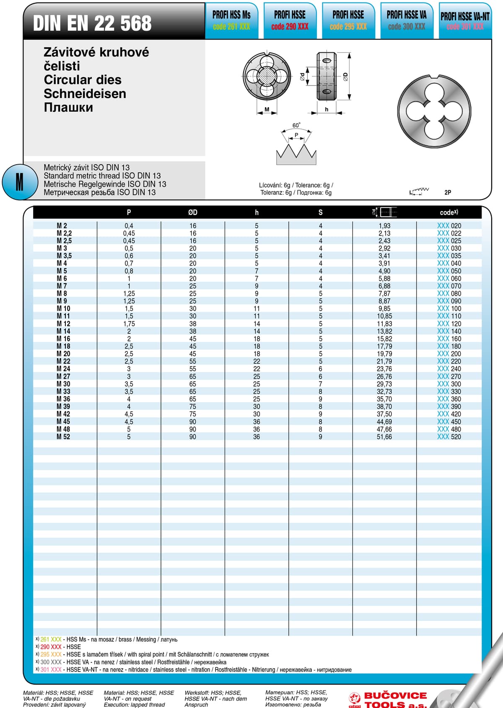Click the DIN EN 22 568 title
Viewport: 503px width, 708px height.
coord(92,23)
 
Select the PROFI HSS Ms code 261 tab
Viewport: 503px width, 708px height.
coord(231,21)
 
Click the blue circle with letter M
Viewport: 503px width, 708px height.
coord(19,182)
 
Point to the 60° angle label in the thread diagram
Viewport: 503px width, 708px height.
coord(296,125)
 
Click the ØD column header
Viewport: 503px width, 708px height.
coord(193,212)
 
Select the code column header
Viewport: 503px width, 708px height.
coord(449,212)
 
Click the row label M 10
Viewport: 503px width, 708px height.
coord(64,308)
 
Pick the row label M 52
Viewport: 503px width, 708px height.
coord(64,437)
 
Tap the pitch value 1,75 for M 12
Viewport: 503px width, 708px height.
coord(129,323)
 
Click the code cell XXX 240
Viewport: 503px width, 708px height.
coord(449,369)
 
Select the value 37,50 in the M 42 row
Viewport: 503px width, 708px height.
coord(384,414)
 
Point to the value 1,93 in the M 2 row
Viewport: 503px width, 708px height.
coord(384,225)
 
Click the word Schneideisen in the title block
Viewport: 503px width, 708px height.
coord(85,93)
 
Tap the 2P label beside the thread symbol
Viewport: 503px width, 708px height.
coord(448,192)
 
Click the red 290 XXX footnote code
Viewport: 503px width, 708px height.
coord(51,647)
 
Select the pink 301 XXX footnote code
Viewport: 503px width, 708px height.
coord(51,669)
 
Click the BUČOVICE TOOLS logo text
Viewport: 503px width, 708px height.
coord(395,700)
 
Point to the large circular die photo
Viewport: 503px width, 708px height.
coord(434,112)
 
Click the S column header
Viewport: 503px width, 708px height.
coord(321,212)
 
